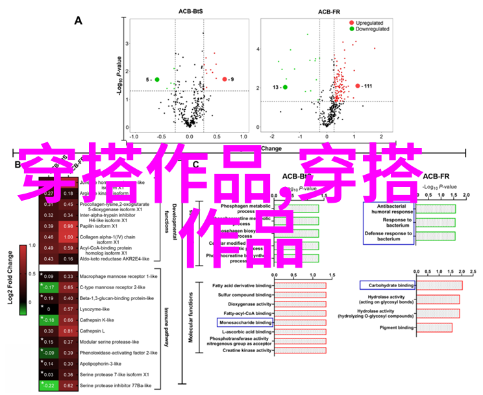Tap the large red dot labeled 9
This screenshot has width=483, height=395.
pos(225,79)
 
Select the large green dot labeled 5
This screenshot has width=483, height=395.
pos(157,79)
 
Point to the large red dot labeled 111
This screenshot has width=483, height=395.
pos(357,86)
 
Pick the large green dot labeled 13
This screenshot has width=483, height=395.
pos(285,87)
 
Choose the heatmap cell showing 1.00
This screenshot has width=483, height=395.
pos(68,237)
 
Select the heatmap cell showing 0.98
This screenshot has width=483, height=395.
pos(68,226)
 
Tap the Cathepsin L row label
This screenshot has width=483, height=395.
pos(93,331)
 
